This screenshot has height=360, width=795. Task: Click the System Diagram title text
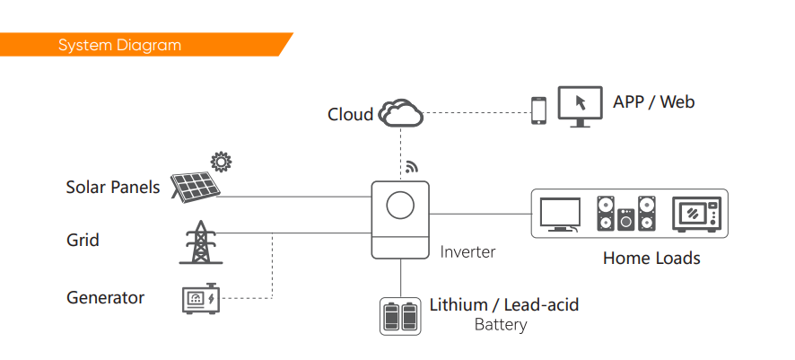[119, 45]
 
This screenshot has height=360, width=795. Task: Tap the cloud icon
[401, 113]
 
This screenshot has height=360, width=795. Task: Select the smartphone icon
[539, 110]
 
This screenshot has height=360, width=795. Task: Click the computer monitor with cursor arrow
[580, 107]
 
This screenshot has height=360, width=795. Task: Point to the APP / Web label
[653, 102]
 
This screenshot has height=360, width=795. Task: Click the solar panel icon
[196, 186]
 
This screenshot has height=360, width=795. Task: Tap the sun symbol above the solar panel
[221, 162]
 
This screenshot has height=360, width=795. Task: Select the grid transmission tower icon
[201, 242]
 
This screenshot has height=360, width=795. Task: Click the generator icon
[201, 299]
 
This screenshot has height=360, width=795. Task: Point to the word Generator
[106, 297]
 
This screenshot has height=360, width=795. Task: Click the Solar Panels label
[113, 187]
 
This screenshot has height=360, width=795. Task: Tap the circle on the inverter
[400, 206]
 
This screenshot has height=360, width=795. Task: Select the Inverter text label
[467, 251]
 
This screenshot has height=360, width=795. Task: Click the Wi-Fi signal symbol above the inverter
[411, 167]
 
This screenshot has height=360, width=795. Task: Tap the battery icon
[400, 316]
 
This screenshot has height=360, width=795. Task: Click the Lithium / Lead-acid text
[504, 304]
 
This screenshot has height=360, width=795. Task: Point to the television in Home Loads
[560, 215]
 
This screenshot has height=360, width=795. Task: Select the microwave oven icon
[696, 215]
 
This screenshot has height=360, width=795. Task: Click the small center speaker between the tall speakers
[626, 220]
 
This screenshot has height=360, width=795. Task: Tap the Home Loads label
[651, 258]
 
